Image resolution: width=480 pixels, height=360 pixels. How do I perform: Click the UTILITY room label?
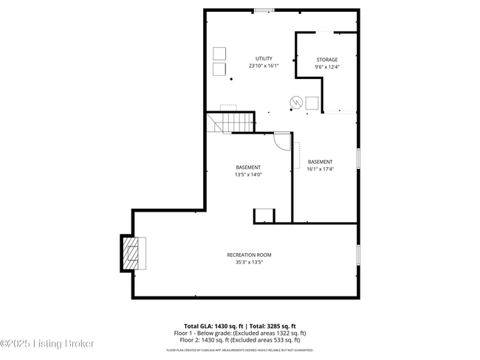pos(264,58)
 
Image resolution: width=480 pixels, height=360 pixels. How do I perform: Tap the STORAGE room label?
pos(327,60)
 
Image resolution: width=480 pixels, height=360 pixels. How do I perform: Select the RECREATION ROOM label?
pos(244,255)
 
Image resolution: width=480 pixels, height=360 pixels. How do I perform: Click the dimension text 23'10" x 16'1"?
pos(264,66)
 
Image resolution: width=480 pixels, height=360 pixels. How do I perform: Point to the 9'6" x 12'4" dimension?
pos(327,66)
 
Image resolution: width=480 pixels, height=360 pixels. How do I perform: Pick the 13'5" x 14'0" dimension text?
pos(248,174)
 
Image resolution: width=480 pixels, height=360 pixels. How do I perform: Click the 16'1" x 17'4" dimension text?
pos(320,169)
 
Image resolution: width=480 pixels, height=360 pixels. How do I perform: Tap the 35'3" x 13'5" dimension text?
pos(244,262)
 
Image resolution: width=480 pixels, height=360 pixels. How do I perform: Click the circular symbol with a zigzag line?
pos(295,102)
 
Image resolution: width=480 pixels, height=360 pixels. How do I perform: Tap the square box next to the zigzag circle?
pos(312,103)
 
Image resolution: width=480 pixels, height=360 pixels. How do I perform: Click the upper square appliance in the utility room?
pos(219,53)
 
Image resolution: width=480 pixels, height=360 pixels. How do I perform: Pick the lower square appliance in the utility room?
pos(219,69)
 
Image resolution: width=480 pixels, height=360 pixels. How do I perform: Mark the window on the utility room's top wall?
pos(264,10)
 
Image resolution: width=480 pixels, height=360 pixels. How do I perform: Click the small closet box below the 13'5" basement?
pos(264,215)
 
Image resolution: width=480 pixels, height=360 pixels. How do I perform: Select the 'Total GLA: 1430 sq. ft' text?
pos(214,325)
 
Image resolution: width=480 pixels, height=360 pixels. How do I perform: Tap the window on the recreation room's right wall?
pos(358,255)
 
